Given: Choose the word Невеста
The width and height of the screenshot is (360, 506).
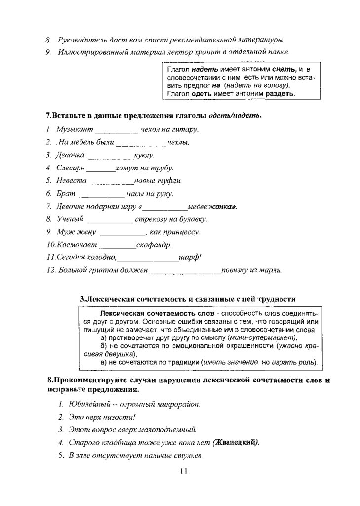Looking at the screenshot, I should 72,181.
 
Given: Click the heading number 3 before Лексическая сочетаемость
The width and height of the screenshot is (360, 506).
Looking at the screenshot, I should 82,299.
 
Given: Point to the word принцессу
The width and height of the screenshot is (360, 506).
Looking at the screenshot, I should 179,232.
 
